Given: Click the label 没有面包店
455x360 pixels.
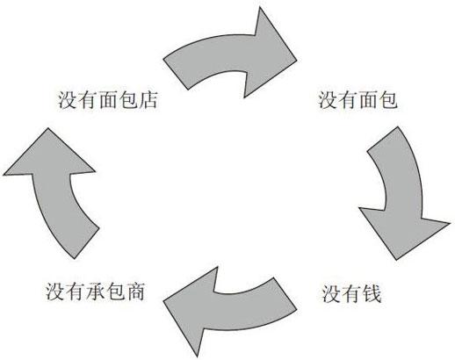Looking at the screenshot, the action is [108, 100].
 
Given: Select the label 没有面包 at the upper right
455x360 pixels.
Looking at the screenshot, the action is [357, 100].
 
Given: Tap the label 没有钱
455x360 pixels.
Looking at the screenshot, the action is [351, 293].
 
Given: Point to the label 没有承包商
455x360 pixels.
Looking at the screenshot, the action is [95, 292].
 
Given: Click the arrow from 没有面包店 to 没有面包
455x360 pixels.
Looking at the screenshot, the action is [231, 55].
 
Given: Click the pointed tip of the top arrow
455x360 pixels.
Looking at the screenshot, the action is [297, 61].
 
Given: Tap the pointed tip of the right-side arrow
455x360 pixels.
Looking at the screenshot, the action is [396, 260].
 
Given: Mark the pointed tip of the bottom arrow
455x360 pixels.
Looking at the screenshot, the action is [163, 301].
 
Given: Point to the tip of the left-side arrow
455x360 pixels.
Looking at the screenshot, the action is [47, 128].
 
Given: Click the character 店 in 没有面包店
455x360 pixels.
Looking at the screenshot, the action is [148, 100].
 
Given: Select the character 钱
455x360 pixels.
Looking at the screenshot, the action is [372, 293].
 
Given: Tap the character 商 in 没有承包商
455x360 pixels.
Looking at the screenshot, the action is [135, 292].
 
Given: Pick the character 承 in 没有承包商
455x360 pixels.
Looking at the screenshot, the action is [95, 292].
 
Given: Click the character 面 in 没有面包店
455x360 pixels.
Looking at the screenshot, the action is [108, 100].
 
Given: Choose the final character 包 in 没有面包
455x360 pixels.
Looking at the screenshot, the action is [388, 100].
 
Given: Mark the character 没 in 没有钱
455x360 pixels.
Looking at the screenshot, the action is [331, 293].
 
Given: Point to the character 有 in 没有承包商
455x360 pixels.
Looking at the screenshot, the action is [76, 292].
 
